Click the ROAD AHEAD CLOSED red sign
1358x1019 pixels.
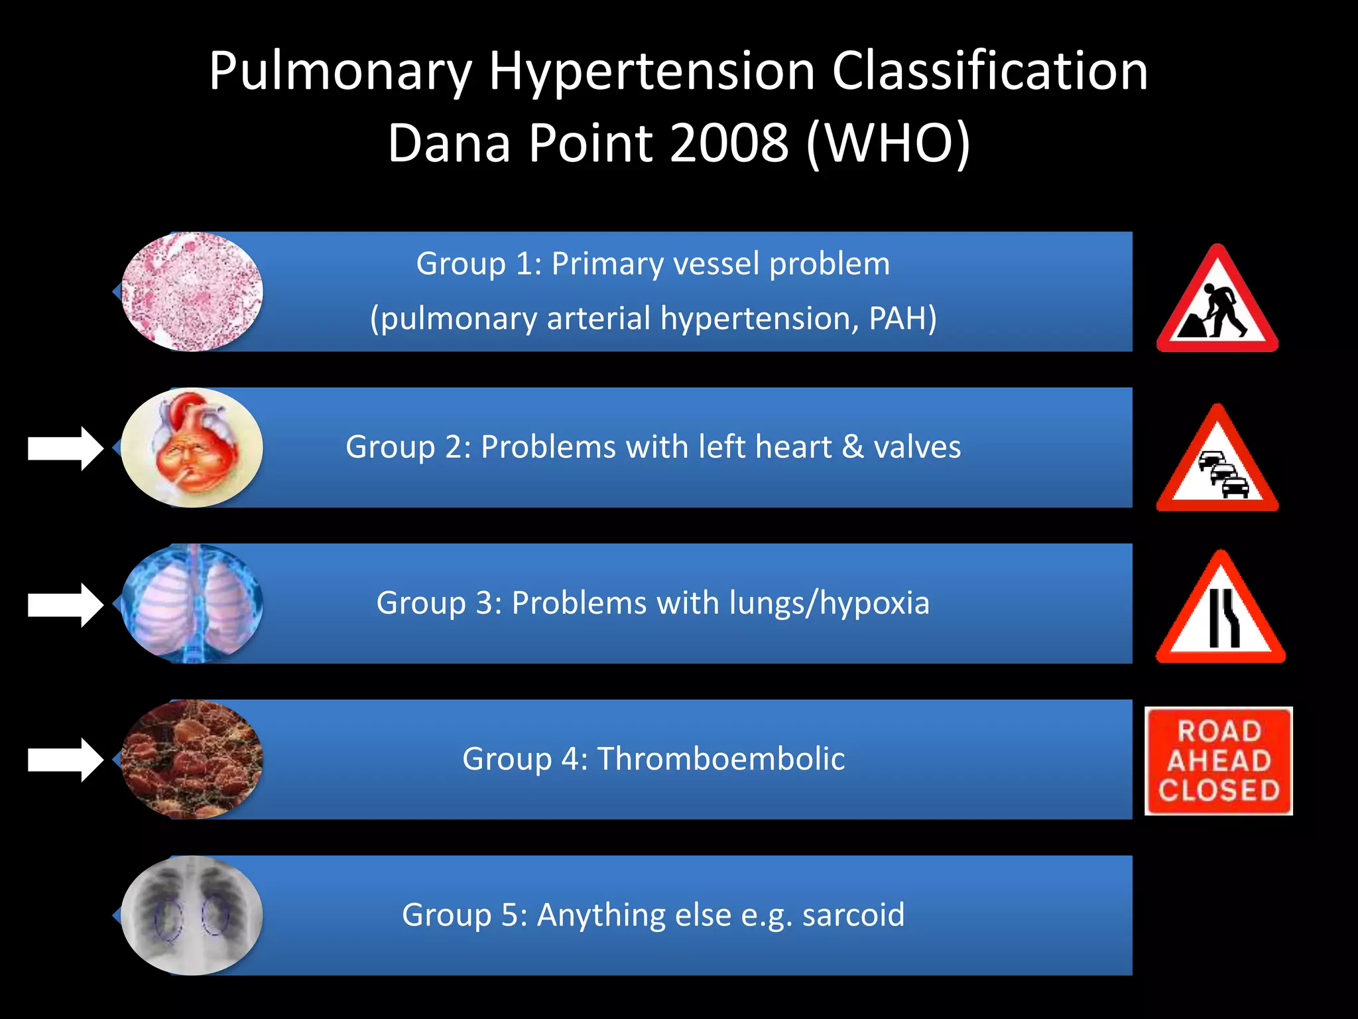(1219, 761)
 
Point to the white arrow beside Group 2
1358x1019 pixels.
(65, 448)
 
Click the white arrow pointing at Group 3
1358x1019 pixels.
(65, 604)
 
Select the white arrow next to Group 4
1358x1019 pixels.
(65, 760)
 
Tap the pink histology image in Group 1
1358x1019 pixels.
(192, 291)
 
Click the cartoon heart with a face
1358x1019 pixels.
(192, 448)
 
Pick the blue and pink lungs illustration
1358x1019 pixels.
(192, 604)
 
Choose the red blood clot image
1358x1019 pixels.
(192, 760)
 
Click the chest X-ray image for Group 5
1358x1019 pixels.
(192, 916)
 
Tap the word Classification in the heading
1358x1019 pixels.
(989, 71)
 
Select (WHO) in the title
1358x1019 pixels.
(889, 143)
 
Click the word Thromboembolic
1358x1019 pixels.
(721, 758)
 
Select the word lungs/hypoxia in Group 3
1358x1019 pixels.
(829, 603)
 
